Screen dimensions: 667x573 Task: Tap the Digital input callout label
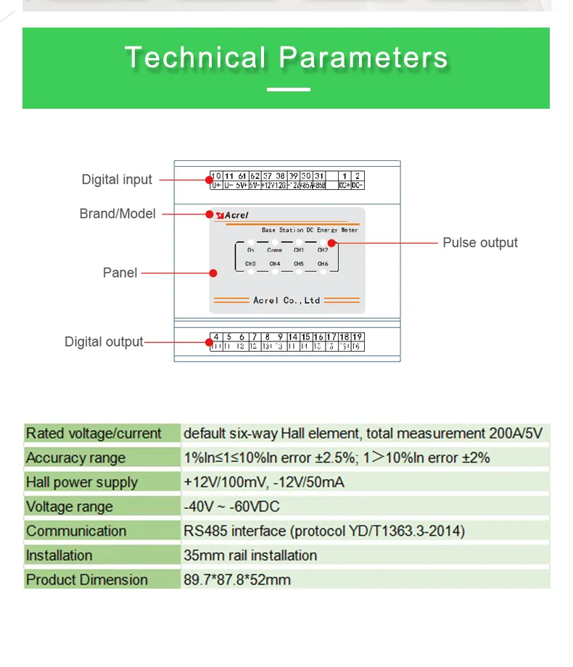pyautogui.click(x=117, y=180)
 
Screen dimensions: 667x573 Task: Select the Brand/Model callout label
pyautogui.click(x=118, y=214)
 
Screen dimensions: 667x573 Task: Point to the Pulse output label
pyautogui.click(x=480, y=243)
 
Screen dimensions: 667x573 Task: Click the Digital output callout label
pyautogui.click(x=104, y=341)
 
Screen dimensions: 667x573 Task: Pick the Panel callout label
pyautogui.click(x=120, y=273)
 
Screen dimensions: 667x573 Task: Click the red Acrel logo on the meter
pyautogui.click(x=232, y=215)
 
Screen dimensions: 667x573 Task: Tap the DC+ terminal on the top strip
pyautogui.click(x=345, y=186)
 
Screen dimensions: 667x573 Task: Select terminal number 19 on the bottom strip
pyautogui.click(x=357, y=337)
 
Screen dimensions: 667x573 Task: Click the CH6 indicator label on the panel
pyautogui.click(x=323, y=264)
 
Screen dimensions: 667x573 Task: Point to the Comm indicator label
pyautogui.click(x=274, y=250)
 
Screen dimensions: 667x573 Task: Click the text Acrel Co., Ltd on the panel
pyautogui.click(x=286, y=300)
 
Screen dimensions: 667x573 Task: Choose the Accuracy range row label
pyautogui.click(x=75, y=458)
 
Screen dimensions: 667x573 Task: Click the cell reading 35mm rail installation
pyautogui.click(x=250, y=555)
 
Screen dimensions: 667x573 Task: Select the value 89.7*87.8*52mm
pyautogui.click(x=237, y=580)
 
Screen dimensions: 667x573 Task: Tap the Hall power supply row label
pyautogui.click(x=81, y=482)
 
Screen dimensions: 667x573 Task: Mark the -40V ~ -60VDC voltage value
pyautogui.click(x=231, y=507)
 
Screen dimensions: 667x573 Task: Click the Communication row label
pyautogui.click(x=76, y=531)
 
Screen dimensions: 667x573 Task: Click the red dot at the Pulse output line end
pyautogui.click(x=332, y=243)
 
